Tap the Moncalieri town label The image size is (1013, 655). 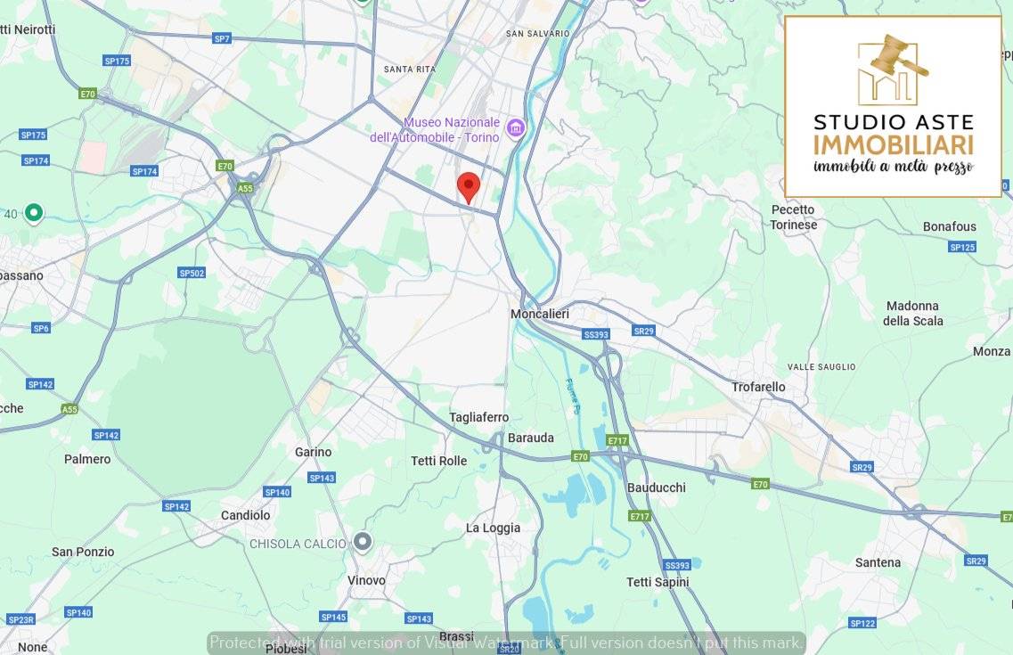click(540, 315)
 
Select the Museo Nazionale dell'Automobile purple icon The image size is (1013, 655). click(515, 129)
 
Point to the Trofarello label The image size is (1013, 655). click(758, 387)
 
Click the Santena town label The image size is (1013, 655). click(878, 562)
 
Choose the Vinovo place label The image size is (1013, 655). click(366, 580)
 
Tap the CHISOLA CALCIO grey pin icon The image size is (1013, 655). click(363, 542)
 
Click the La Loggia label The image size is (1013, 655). click(493, 528)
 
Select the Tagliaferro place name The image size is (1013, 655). click(478, 417)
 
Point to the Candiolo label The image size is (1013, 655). click(245, 515)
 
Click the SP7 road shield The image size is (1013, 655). click(222, 38)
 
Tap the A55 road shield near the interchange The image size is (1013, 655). click(245, 188)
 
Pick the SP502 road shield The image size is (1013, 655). click(192, 274)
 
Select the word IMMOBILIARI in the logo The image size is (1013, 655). click(893, 145)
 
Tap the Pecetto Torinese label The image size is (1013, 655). click(793, 217)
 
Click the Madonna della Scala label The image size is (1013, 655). click(912, 314)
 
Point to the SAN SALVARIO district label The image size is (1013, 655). click(537, 33)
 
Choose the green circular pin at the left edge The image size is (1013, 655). click(34, 213)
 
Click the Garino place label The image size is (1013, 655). click(313, 452)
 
